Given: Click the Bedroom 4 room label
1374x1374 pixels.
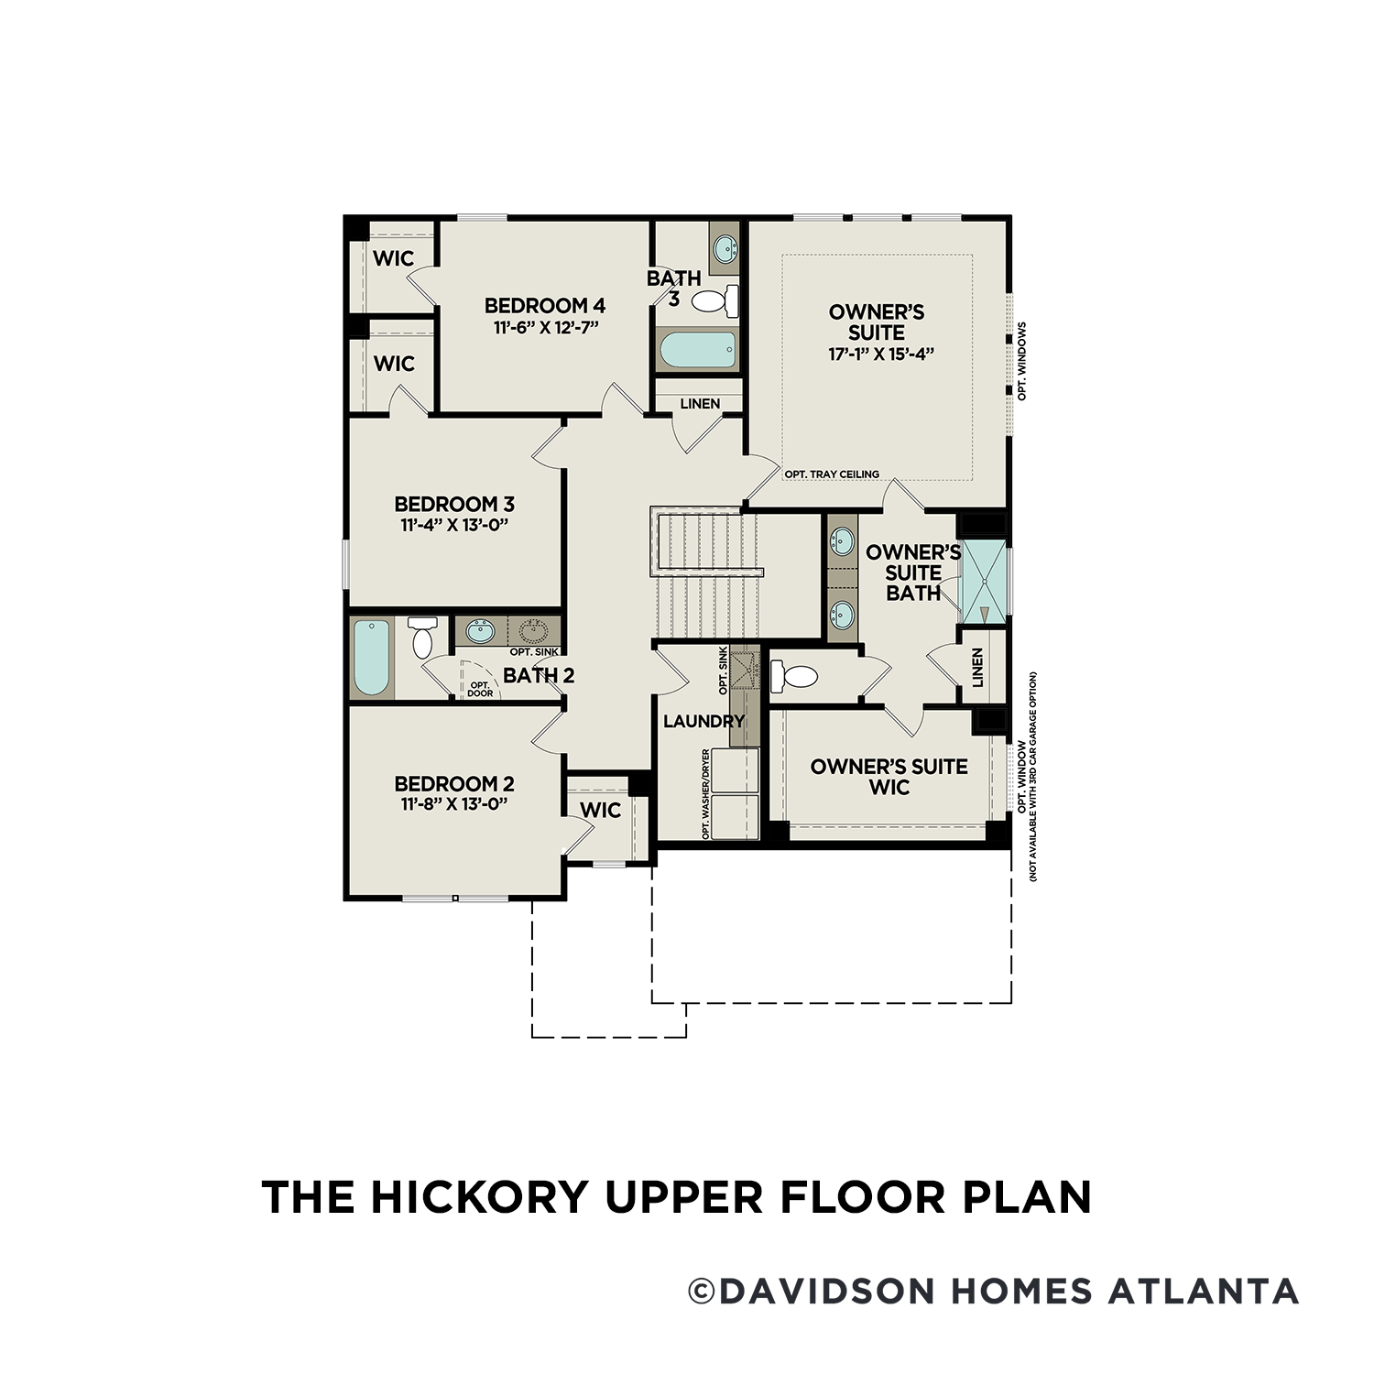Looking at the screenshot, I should point(544,306).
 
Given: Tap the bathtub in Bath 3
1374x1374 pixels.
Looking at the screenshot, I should point(697,350).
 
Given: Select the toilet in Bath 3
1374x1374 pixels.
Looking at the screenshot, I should point(715,300).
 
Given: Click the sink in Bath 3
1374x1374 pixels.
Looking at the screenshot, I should point(725,247).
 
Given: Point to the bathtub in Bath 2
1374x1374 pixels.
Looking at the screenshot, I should point(372,658).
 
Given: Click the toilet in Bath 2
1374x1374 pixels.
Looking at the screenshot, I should point(422,638).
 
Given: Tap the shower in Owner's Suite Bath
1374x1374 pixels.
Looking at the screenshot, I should point(982,582).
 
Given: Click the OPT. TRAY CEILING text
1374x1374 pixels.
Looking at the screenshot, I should point(832,474).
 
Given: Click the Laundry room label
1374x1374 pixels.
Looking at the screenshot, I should point(703,722).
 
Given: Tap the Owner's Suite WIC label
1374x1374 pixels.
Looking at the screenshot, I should point(889,776).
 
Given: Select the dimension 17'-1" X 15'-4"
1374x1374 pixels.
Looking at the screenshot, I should point(880,354).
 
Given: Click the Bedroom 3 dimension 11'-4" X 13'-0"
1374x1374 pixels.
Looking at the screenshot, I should point(454,525).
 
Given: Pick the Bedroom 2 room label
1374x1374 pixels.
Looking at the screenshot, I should point(454,784).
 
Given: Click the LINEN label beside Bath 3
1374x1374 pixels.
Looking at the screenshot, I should point(700,404).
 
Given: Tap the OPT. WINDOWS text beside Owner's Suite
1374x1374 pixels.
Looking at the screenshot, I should point(1022,361).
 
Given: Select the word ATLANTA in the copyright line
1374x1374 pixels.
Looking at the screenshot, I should point(1204,1291).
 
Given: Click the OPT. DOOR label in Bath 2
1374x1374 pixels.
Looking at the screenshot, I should point(480,689).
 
